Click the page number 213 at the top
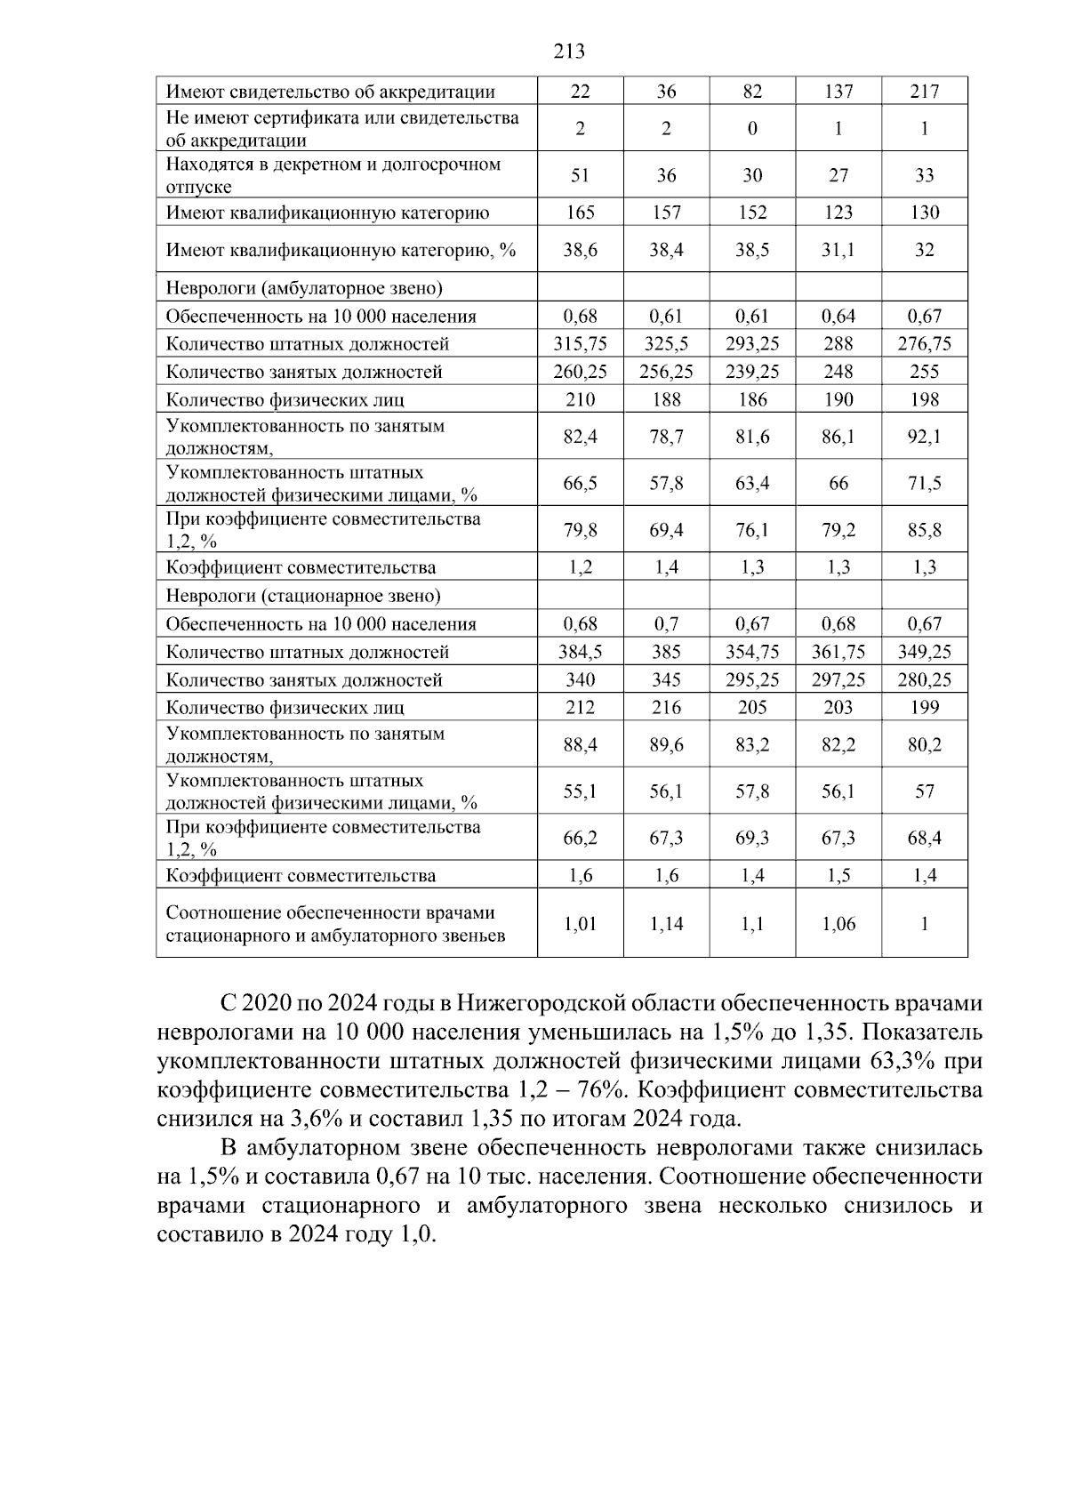click(x=569, y=52)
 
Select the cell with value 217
click(x=925, y=92)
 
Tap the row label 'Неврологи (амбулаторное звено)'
click(x=305, y=288)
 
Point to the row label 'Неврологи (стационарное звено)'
click(x=303, y=596)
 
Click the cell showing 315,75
click(x=580, y=344)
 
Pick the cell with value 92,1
click(x=925, y=437)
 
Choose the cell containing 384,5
click(x=580, y=652)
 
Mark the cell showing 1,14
click(x=666, y=924)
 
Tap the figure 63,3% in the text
click(x=900, y=1061)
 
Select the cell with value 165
click(x=580, y=213)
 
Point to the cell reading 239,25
click(x=752, y=372)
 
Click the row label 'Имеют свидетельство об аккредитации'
click(x=331, y=92)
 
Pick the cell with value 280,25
click(x=925, y=680)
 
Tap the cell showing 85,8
click(x=925, y=531)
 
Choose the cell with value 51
click(x=580, y=175)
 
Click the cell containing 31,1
click(x=838, y=250)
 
